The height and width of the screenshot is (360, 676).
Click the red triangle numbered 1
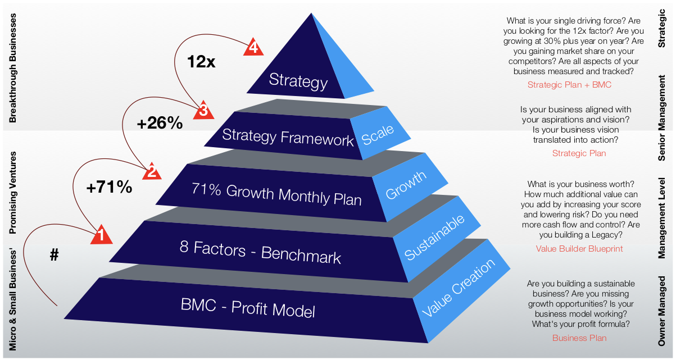101,235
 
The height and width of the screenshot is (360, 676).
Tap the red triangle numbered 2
151,172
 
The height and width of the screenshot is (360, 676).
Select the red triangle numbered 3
203,111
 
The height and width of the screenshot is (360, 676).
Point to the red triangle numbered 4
253,48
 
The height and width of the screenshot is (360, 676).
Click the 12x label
201,62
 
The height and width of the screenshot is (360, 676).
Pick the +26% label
160,124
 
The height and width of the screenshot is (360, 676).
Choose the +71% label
109,187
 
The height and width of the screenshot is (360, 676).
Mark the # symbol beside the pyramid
54,255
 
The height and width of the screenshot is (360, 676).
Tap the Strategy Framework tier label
288,137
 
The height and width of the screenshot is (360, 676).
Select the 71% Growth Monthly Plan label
276,194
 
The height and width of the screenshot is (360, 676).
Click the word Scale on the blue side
378,135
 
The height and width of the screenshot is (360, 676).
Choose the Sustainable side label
434,236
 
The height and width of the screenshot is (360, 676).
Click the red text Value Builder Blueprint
579,248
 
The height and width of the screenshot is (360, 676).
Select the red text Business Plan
579,338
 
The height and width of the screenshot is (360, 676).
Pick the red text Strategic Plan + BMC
569,85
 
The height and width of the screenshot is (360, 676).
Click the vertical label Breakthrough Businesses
13,69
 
